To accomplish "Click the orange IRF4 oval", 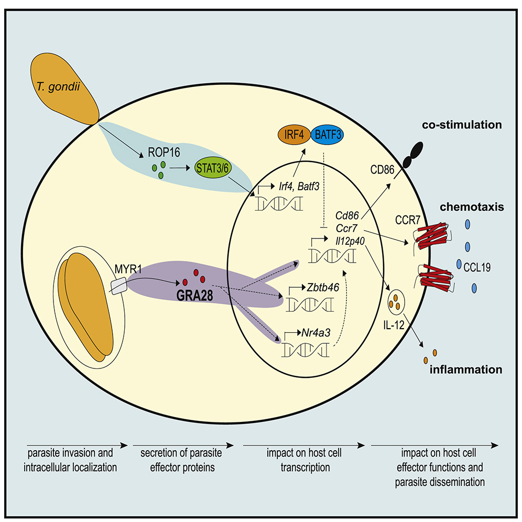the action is pos(294,135).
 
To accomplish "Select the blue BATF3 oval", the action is pos(327,135).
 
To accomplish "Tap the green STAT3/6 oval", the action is pos(212,168).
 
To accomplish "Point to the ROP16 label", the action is pos(164,153).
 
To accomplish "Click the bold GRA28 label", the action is pos(194,295).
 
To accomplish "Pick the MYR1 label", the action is pos(128,269).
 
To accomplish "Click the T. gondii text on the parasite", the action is pos(59,87).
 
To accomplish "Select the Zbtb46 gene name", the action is pos(323,287).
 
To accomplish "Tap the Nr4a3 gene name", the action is pos(316,333).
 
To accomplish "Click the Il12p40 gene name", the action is pos(350,241).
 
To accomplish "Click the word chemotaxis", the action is pos(472,207).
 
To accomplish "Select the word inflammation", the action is pos(466,369).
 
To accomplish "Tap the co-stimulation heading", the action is pos(462,125).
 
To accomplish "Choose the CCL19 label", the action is pos(477,267).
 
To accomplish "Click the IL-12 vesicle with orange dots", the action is pos(396,302).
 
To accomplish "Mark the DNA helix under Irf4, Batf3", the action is pos(279,204).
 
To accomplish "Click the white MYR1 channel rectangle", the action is pos(119,287).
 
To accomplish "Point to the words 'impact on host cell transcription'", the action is pos(304,460).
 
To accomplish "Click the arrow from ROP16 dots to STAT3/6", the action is pos(180,168).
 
